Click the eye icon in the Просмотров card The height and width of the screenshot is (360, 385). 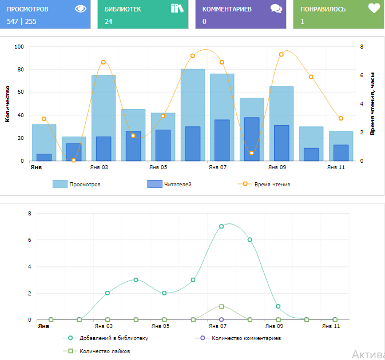pos(81,9)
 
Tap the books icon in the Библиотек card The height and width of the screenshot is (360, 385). pos(178,8)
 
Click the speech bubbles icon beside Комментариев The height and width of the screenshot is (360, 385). pos(276,9)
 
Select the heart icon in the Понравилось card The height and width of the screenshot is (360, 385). pos(374,9)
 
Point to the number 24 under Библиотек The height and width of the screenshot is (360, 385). pos(108,22)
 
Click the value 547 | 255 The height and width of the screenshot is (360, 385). pos(22,22)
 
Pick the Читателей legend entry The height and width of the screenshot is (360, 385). pos(169,184)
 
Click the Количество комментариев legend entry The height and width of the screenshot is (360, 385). pos(238,338)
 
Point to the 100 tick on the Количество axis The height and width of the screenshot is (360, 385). pos(19,47)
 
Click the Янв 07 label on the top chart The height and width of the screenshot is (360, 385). pos(218,167)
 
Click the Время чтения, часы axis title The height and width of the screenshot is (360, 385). pos(372,103)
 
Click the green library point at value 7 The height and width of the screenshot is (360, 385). pos(221,226)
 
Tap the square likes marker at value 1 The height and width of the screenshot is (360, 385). pos(221,307)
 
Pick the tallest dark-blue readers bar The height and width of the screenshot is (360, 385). pos(252,139)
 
